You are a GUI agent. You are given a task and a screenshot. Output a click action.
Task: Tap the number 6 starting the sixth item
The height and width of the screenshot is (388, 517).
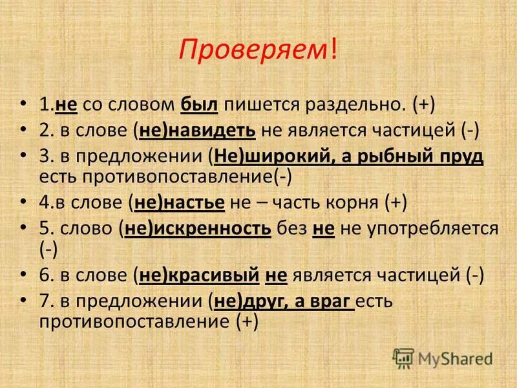pos(44,275)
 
